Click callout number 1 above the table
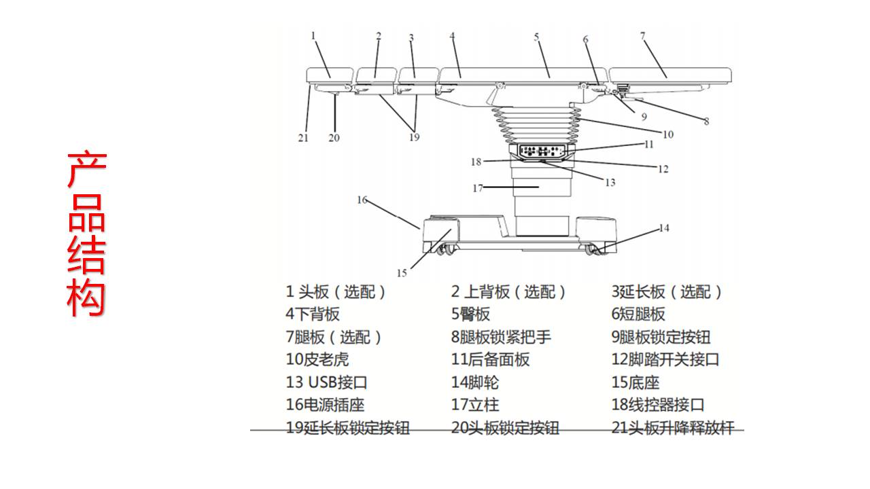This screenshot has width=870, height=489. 314,35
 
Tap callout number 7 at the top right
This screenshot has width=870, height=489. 642,35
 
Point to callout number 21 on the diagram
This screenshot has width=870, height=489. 303,138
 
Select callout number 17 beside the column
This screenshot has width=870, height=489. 478,187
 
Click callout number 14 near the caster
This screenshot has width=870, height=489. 664,228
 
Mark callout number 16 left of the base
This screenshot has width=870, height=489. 362,200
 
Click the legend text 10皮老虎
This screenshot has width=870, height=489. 317,359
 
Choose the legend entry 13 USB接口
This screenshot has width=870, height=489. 327,382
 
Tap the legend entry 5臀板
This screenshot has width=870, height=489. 470,314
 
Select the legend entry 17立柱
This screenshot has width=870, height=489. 475,405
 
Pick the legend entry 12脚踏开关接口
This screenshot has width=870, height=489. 665,359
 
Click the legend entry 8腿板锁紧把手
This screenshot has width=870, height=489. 501,337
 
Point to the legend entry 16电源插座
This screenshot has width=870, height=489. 325,405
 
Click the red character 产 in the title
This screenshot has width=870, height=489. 86,170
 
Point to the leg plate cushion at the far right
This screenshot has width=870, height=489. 670,73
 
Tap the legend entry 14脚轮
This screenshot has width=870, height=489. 475,382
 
